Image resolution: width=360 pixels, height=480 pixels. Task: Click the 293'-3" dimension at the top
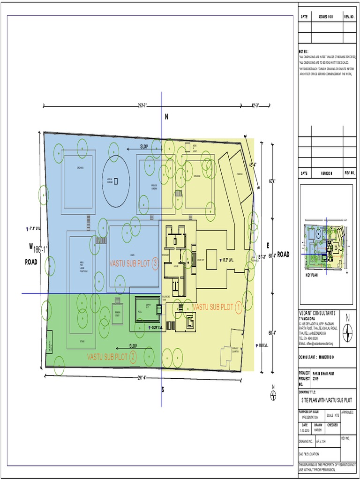142,105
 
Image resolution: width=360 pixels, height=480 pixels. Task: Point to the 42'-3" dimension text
255,105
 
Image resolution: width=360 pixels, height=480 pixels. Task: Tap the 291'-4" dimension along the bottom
142,378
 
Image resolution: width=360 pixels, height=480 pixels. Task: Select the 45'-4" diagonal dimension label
253,165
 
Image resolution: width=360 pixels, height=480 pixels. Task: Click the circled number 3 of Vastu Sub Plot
155,263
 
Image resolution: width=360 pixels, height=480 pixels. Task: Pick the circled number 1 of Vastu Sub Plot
239,307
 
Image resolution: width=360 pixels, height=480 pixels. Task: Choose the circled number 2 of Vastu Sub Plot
133,357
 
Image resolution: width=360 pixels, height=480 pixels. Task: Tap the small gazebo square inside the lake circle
116,181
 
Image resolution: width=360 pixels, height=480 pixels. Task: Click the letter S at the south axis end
163,389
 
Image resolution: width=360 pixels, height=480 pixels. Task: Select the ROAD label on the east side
283,255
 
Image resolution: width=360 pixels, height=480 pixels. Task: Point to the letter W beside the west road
31,246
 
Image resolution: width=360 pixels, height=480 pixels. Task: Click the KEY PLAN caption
312,275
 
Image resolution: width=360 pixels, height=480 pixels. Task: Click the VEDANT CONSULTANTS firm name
317,313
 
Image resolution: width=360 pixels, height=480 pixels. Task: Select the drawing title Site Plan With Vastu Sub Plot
326,400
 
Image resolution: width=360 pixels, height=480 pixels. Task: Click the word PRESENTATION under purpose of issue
310,417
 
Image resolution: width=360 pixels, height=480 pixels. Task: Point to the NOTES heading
304,51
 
